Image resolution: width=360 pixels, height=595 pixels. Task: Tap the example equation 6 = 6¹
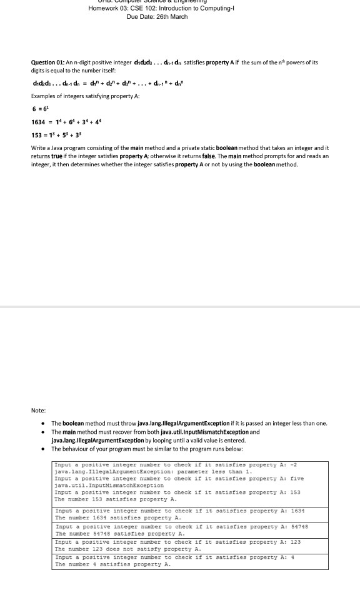pyautogui.click(x=39, y=108)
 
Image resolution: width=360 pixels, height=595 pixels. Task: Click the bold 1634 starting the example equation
pyautogui.click(x=39, y=122)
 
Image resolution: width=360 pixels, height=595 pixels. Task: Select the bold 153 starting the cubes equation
pyautogui.click(x=37, y=135)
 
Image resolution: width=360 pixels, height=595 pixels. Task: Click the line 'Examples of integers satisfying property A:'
pyautogui.click(x=85, y=95)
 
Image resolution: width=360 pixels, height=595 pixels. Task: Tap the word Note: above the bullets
pyautogui.click(x=38, y=410)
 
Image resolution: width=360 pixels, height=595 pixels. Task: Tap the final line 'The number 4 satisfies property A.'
pyautogui.click(x=112, y=564)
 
